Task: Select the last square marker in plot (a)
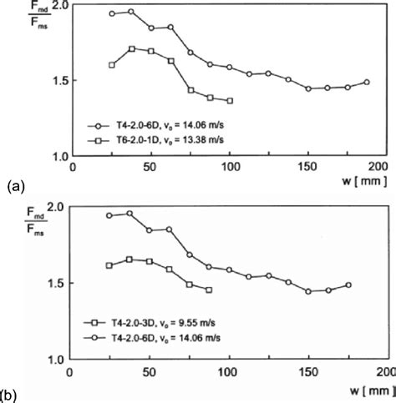click(230, 100)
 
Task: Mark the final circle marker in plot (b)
click(348, 285)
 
